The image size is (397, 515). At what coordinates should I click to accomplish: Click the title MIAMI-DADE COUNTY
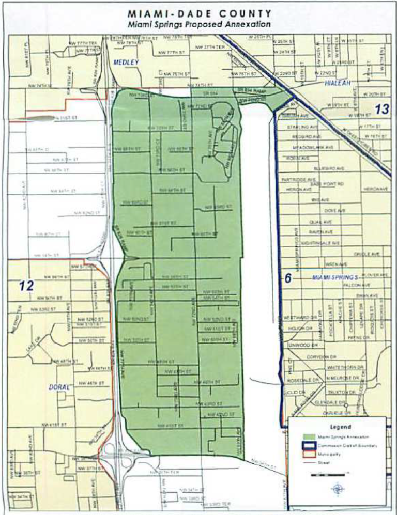[199, 14]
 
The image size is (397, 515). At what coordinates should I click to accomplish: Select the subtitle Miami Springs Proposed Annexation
[199, 24]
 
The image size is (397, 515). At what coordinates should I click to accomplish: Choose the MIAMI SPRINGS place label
[336, 278]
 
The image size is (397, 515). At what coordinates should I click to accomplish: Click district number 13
[381, 109]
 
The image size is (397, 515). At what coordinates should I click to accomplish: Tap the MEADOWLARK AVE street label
[314, 147]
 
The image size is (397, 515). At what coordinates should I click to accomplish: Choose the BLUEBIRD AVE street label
[328, 168]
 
